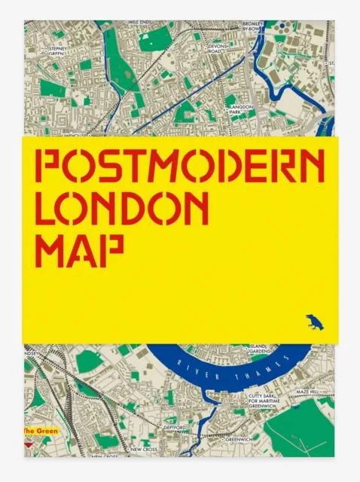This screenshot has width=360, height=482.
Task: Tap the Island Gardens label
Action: [261, 348]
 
